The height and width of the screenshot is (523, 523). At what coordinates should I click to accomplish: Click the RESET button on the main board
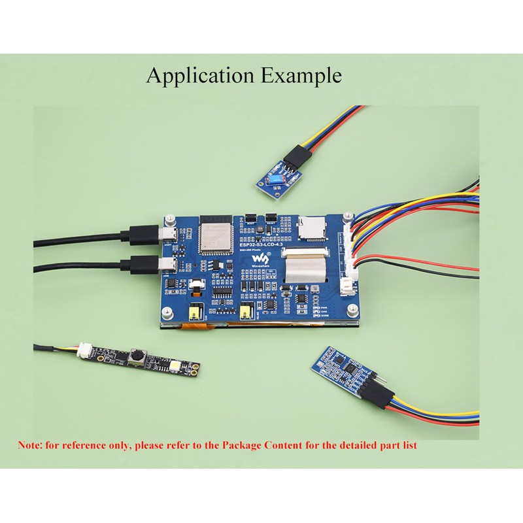pos(271,220)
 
